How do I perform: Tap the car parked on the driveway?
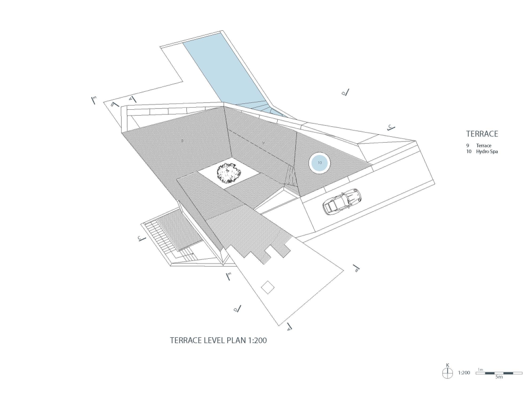coord(340,202)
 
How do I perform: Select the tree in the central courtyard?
coord(229,172)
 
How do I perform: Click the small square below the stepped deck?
coord(268,287)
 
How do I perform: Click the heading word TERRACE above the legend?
coord(482,134)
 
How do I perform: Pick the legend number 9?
coord(467,145)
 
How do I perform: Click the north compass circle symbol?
coord(447,373)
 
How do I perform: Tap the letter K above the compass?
coord(448,365)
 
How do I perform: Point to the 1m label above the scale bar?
coord(480,369)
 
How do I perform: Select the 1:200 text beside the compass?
coord(464,373)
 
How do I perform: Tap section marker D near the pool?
coord(345,93)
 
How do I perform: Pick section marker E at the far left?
coord(93,100)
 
